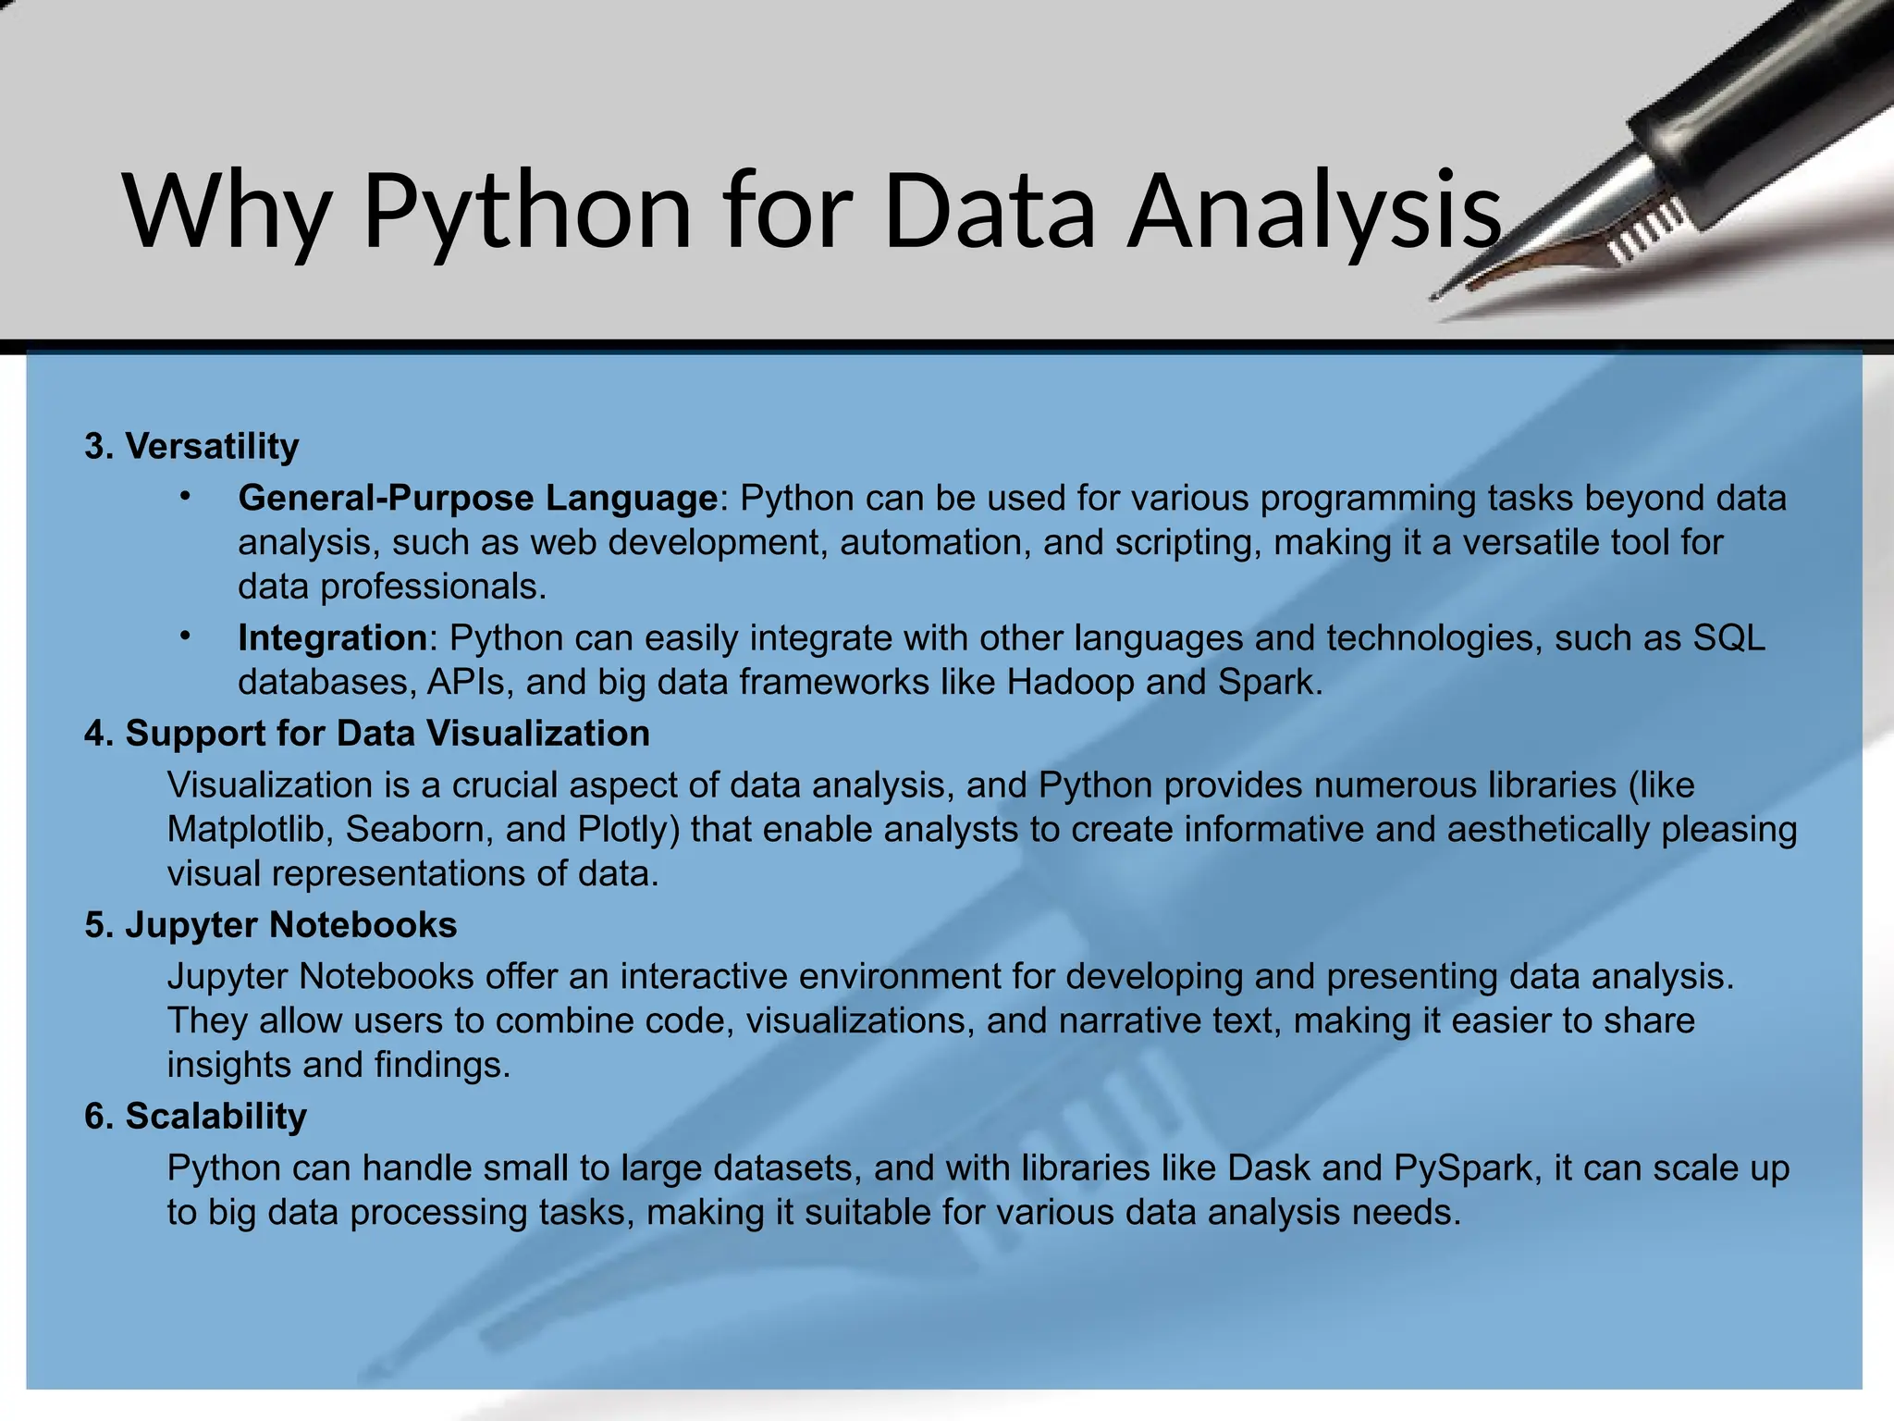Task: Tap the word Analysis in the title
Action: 1313,213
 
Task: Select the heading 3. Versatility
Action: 191,446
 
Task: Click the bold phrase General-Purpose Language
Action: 477,498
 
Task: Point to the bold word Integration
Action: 332,637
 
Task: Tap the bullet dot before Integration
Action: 185,636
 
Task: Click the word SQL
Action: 1728,637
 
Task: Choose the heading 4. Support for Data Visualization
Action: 367,733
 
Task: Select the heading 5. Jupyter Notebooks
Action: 271,924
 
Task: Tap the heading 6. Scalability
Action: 195,1116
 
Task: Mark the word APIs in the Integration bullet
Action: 466,682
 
